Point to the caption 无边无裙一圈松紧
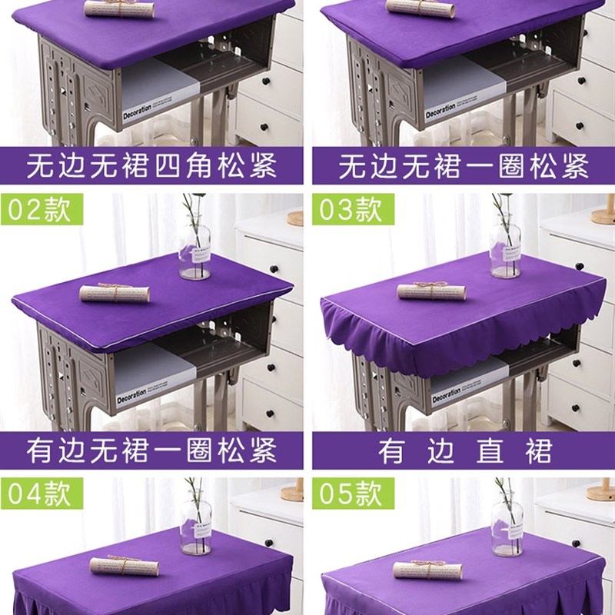click(464, 166)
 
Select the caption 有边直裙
click(464, 451)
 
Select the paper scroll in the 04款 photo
click(124, 566)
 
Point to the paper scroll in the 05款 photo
click(427, 570)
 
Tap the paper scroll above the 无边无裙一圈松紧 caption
click(420, 8)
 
